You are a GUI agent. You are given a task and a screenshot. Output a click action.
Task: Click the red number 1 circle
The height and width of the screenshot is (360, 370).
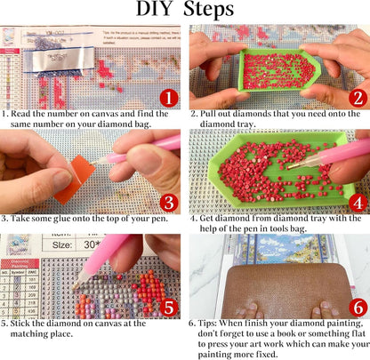(169, 99)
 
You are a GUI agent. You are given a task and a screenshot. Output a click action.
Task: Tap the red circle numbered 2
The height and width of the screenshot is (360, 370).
(358, 99)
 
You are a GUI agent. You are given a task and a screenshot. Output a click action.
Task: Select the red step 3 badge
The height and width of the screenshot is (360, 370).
(169, 203)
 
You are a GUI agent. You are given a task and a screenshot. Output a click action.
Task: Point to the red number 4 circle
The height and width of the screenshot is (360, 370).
(358, 203)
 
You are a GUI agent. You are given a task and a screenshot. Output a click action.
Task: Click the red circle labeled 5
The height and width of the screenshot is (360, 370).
(169, 308)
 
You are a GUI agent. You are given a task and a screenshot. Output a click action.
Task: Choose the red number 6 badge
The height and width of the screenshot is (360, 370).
(358, 308)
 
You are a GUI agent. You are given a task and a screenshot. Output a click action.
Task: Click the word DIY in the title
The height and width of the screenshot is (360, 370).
(154, 9)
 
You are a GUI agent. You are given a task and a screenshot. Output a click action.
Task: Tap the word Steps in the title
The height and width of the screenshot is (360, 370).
(208, 10)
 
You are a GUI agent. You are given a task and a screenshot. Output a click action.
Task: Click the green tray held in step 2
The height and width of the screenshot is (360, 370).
(278, 70)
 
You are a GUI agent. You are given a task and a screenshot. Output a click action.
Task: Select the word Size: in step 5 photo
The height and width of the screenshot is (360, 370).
(62, 245)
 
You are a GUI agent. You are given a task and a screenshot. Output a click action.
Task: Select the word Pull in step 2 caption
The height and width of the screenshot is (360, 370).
(208, 114)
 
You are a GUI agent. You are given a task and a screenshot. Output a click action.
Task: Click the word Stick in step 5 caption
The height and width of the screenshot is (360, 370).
(20, 324)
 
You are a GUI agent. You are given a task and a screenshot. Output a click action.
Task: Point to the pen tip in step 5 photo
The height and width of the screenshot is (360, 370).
(76, 286)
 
